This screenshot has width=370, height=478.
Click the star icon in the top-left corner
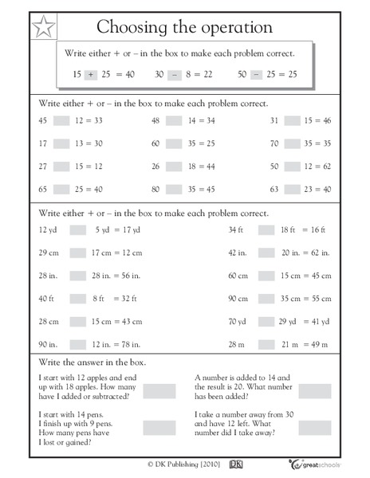point(45,29)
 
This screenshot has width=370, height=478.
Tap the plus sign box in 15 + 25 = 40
point(90,73)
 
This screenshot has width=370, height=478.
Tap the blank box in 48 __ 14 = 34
point(177,121)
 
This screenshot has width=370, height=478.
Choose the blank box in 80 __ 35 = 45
point(177,190)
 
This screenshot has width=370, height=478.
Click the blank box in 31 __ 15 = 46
point(293,121)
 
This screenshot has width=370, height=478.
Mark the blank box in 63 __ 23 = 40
point(293,190)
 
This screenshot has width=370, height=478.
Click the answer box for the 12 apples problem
point(159,390)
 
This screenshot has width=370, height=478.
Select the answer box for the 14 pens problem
point(159,427)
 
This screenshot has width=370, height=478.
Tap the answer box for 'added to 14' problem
point(315,390)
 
